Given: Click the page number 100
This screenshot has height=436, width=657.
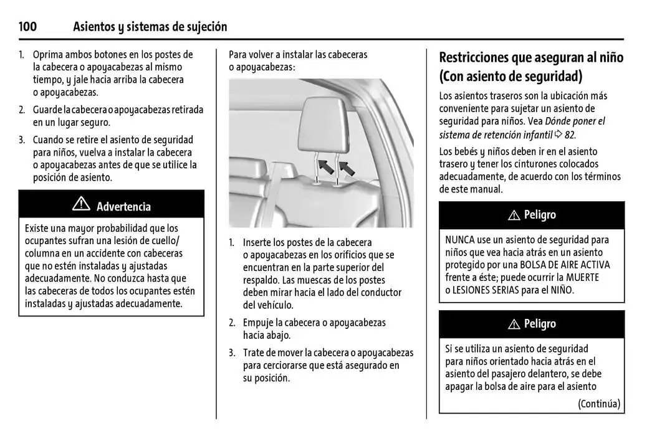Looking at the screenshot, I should (x=27, y=27).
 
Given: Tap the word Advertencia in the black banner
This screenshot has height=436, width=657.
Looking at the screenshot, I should (x=123, y=207).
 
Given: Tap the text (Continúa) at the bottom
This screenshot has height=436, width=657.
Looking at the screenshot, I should (x=598, y=404).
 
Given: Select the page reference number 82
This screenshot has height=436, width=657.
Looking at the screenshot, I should (x=570, y=135).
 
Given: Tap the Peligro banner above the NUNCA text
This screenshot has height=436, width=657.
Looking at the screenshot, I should (x=532, y=215).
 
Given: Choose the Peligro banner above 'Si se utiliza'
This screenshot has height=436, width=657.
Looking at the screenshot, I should (x=532, y=324).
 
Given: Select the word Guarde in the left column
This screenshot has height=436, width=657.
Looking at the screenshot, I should (x=48, y=110).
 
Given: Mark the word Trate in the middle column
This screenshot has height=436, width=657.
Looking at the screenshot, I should (x=254, y=353).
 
